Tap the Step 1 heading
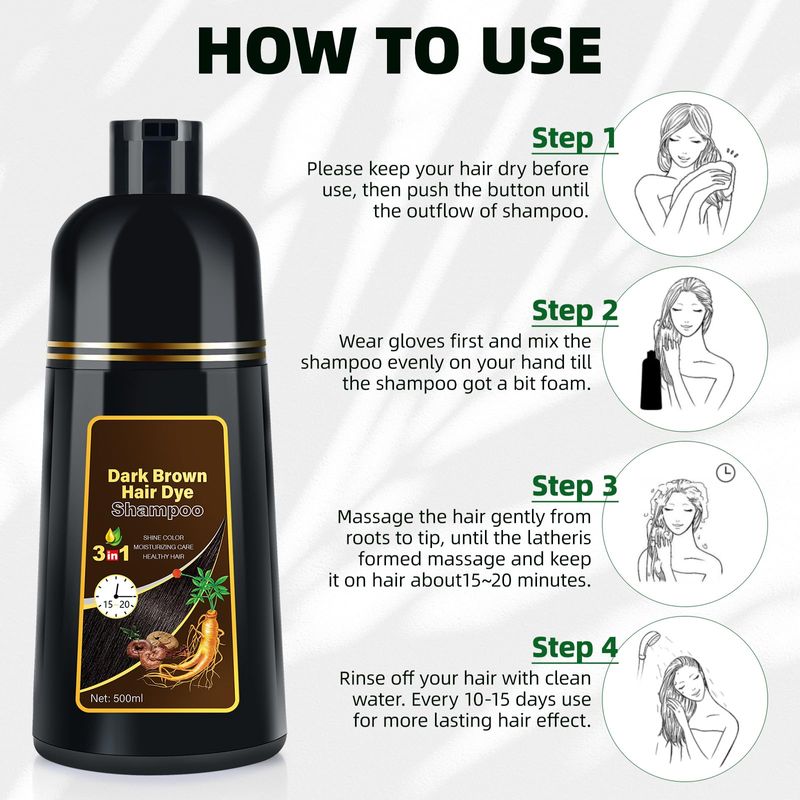pyautogui.click(x=574, y=138)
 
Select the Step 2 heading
pyautogui.click(x=574, y=311)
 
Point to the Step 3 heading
pyautogui.click(x=574, y=486)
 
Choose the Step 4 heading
pyautogui.click(x=574, y=648)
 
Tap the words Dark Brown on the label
pyautogui.click(x=157, y=476)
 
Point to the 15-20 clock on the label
pyautogui.click(x=116, y=595)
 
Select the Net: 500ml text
pyautogui.click(x=117, y=698)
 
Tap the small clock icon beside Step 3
pyautogui.click(x=726, y=472)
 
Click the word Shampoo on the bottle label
pyautogui.click(x=157, y=509)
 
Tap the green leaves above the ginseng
pyautogui.click(x=208, y=588)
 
